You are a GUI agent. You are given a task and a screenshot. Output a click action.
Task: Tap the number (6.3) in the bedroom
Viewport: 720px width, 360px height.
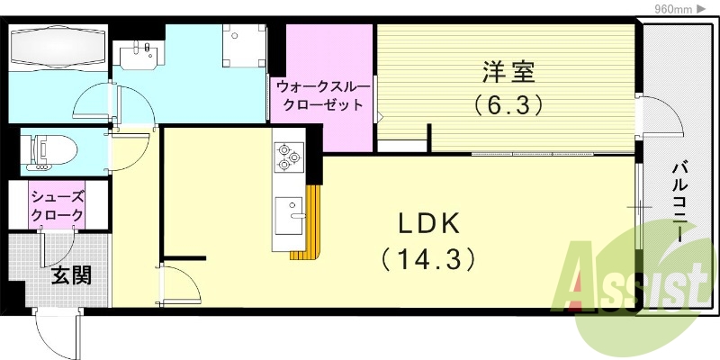pyautogui.click(x=509, y=105)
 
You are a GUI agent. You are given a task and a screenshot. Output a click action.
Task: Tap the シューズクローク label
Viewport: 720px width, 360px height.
pyautogui.click(x=58, y=206)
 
